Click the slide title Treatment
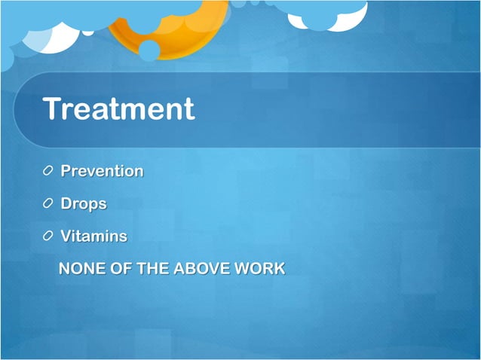pos(119,109)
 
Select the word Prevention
pos(102,171)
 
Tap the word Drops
pos(84,203)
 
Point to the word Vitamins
pos(93,236)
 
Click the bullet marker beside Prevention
pos(48,172)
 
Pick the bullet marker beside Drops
pos(48,204)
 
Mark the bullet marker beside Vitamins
pos(48,236)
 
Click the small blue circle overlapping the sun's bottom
pos(149,50)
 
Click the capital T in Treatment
pos(53,109)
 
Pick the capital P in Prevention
pos(66,171)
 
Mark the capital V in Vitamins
pos(66,236)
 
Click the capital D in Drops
pos(66,203)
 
